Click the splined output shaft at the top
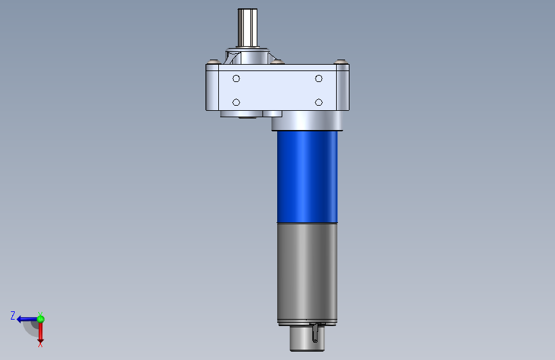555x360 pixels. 248,28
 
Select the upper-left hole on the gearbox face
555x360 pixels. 236,79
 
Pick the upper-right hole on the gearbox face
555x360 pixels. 319,79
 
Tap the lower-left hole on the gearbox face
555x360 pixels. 236,102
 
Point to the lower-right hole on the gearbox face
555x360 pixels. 319,102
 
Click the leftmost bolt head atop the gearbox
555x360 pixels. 213,62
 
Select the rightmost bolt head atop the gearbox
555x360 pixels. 341,62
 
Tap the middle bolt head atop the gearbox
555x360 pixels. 278,62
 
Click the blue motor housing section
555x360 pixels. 307,177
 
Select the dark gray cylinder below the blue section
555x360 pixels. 307,271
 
